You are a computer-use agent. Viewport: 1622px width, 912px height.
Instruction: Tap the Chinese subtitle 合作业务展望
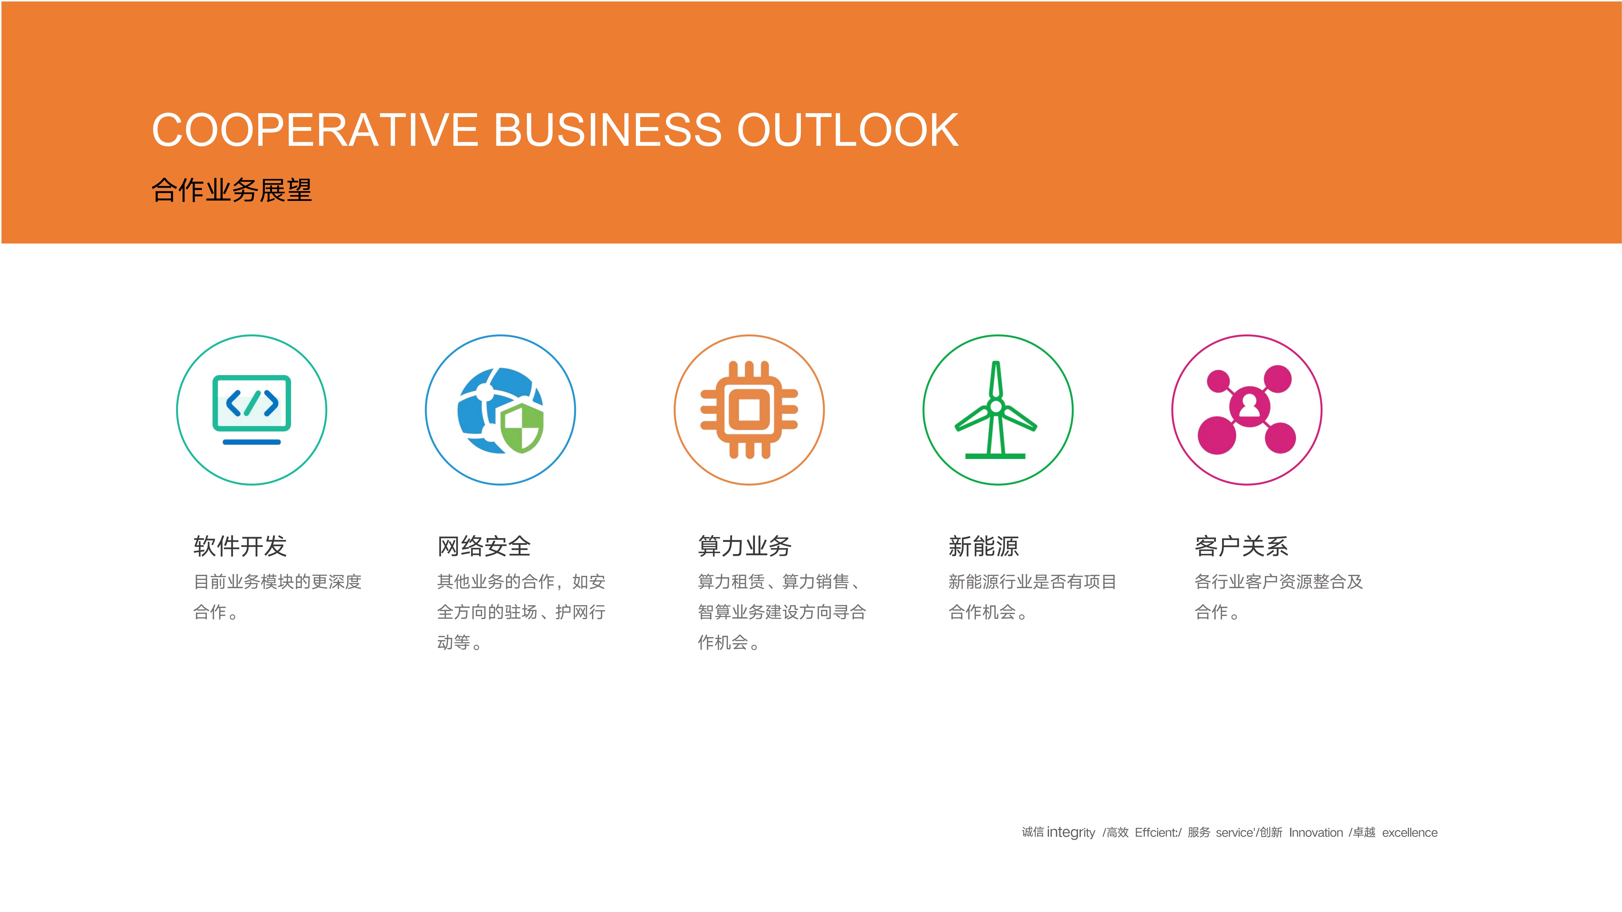[232, 190]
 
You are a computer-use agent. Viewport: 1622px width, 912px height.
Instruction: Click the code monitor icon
[252, 410]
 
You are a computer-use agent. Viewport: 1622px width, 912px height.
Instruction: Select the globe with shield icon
[501, 410]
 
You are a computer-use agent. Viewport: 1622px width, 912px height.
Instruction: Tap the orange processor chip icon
[749, 410]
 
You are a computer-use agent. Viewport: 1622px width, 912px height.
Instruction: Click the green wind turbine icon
[996, 410]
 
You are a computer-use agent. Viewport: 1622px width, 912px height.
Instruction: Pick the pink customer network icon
[1247, 410]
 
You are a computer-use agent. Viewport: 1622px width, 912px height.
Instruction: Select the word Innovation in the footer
[1316, 833]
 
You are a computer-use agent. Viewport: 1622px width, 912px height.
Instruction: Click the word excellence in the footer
[1410, 833]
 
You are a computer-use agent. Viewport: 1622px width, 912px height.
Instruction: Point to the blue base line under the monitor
[252, 442]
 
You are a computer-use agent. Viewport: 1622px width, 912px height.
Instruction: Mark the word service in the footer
[1234, 833]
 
